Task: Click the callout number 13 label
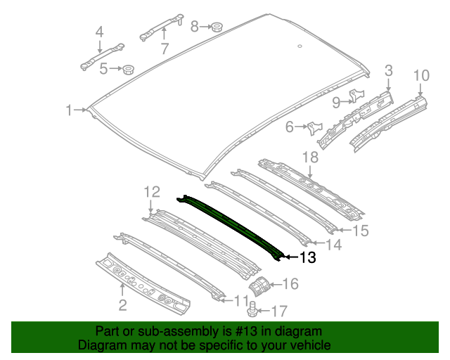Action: pos(308,258)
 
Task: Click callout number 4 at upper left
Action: pos(99,32)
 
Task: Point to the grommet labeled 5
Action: pos(129,69)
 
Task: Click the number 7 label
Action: pos(165,49)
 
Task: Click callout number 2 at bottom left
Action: pos(122,304)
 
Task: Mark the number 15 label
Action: pos(359,230)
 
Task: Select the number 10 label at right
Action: pos(420,75)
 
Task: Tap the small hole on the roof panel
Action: pos(299,47)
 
